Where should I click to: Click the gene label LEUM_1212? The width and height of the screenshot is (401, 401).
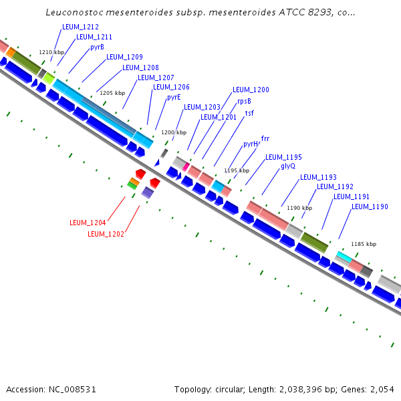click(x=80, y=27)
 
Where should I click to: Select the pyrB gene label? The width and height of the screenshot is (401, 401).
click(x=97, y=47)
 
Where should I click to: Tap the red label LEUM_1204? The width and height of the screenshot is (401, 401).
click(x=88, y=223)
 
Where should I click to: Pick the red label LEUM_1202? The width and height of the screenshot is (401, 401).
click(x=106, y=234)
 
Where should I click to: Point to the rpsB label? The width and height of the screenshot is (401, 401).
click(x=244, y=102)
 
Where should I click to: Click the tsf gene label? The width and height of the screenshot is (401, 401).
click(x=249, y=113)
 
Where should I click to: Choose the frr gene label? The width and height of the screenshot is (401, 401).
click(x=265, y=138)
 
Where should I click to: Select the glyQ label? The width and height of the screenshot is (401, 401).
click(x=288, y=166)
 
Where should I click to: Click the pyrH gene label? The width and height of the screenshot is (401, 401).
click(x=251, y=144)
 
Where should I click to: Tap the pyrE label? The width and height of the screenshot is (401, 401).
click(x=174, y=97)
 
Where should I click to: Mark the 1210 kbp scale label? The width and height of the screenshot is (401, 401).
click(x=51, y=52)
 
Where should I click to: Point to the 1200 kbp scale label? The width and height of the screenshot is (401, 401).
click(x=174, y=132)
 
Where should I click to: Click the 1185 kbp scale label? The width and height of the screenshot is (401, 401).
click(x=364, y=244)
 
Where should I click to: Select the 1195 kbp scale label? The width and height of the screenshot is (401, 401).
click(x=237, y=170)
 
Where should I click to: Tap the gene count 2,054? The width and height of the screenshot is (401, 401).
click(x=382, y=389)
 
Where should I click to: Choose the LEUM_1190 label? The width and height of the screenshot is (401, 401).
click(x=370, y=207)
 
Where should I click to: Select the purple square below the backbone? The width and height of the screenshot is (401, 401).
click(x=148, y=192)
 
